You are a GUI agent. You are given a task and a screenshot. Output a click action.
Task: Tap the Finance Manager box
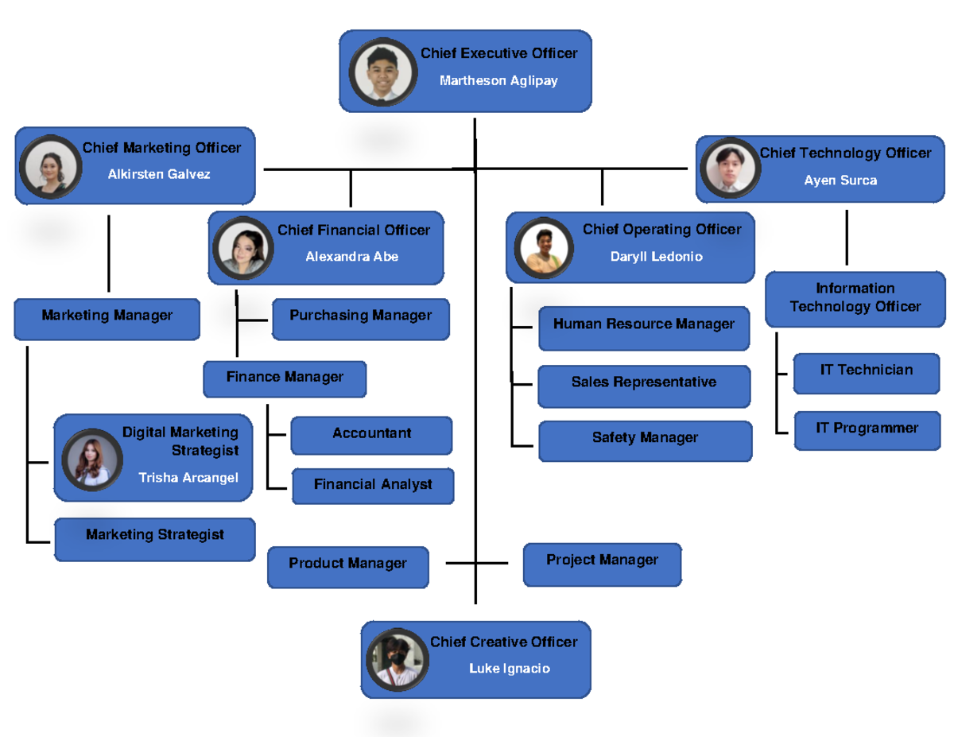click(285, 379)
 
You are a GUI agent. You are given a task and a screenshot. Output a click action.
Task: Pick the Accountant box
click(371, 436)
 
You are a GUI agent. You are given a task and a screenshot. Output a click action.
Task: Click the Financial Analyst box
click(373, 486)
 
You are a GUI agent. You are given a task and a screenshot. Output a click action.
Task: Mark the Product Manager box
click(348, 566)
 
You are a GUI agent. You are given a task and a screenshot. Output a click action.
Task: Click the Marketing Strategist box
click(155, 538)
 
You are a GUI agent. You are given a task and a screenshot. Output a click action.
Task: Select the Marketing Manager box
click(107, 318)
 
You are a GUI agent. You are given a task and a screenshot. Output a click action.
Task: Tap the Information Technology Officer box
click(855, 298)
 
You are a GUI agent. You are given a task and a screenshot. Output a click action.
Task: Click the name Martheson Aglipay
click(498, 81)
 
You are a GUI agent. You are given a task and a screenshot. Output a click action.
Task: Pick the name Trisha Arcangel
click(188, 478)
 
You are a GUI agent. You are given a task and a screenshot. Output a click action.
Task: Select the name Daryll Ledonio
click(656, 257)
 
